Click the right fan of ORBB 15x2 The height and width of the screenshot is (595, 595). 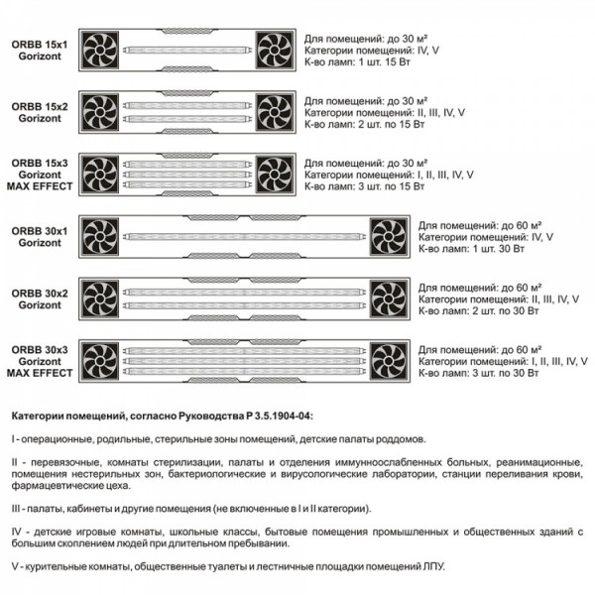274,110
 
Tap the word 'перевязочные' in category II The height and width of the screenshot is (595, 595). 56,461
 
